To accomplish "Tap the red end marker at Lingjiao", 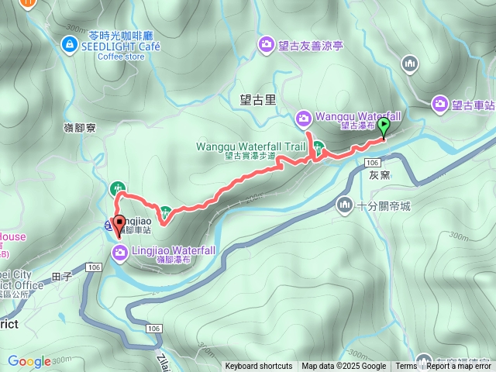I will (x=119, y=225).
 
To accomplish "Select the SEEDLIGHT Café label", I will (x=115, y=46).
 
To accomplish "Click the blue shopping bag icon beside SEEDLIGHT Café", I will (x=69, y=46).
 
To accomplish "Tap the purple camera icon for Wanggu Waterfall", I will (x=303, y=119).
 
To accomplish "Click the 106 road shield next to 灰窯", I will (x=373, y=162).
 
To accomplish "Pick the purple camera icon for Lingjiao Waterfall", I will (x=120, y=251).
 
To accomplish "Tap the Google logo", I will (x=29, y=361).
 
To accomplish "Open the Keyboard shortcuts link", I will (x=259, y=367).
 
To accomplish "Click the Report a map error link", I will (x=460, y=367).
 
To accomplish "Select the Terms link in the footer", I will (x=406, y=367).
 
